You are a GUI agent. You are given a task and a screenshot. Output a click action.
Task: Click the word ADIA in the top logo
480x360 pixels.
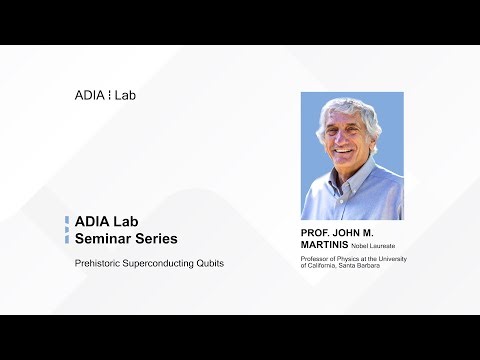pos(90,95)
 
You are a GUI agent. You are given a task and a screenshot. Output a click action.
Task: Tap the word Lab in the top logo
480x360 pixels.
pos(126,95)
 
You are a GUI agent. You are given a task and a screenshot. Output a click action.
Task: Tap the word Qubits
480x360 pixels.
pos(210,263)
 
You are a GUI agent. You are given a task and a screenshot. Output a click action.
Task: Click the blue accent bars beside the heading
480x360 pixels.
pos(66,230)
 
